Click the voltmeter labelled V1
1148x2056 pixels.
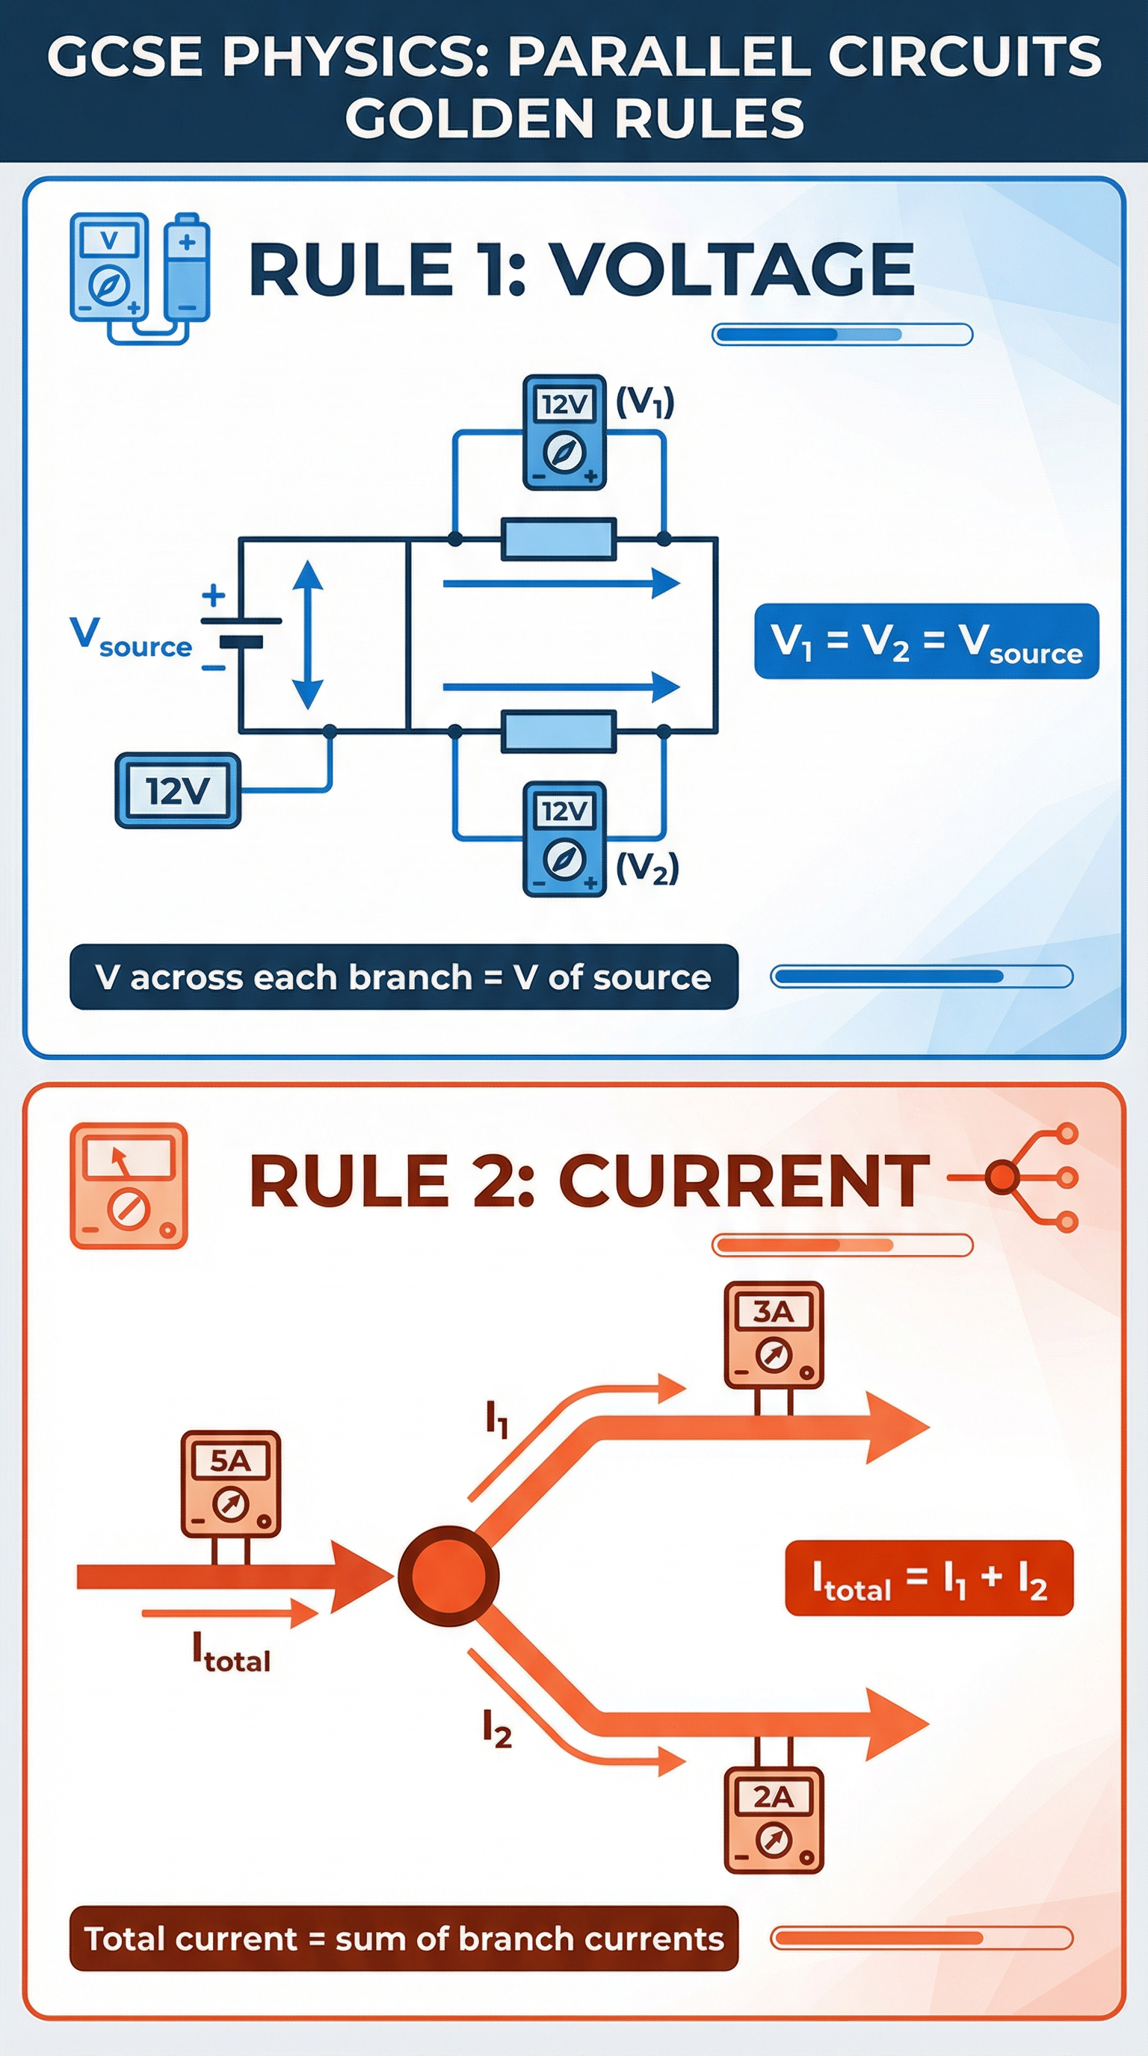(564, 432)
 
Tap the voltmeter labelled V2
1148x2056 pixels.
(564, 838)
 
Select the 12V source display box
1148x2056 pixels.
(178, 791)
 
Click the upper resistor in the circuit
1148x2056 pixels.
(559, 539)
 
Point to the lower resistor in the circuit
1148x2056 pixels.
(559, 731)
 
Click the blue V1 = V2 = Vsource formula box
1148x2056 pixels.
(926, 642)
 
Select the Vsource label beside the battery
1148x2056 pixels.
(131, 639)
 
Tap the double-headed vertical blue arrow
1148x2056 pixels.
(307, 634)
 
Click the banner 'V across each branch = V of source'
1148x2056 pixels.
(403, 977)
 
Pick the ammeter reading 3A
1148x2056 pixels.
(773, 1334)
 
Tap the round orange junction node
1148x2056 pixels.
(448, 1576)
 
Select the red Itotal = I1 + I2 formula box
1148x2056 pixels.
(929, 1578)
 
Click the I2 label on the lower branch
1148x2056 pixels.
(496, 1729)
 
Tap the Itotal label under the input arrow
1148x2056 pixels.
(232, 1651)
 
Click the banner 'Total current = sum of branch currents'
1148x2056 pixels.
(403, 1939)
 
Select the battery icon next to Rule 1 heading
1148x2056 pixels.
(188, 267)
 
